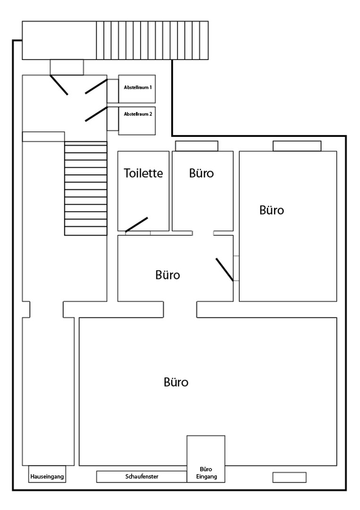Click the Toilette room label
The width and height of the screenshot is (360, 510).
143,173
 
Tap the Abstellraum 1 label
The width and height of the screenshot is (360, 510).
138,87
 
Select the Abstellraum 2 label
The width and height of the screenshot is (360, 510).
138,114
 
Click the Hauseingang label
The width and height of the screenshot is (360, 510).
47,477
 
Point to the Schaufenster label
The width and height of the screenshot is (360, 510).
142,476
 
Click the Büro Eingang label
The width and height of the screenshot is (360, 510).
206,473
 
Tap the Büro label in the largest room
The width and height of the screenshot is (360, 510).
176,382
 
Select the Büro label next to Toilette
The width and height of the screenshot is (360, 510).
201,173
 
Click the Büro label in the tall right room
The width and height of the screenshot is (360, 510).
272,210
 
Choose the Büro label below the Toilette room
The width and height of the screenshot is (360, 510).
167,275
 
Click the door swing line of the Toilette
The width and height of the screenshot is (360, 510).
136,225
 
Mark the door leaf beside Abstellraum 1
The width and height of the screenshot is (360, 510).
96,86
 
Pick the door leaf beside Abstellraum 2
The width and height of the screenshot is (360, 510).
96,114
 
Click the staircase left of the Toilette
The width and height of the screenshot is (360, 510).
86,188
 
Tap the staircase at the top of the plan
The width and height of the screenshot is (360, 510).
152,40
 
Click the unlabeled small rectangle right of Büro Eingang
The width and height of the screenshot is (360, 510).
290,477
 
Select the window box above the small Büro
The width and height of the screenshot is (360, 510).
197,146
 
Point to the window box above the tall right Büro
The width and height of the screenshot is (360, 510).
297,146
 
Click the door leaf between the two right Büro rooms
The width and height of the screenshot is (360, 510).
225,270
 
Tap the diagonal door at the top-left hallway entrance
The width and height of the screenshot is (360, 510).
59,85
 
